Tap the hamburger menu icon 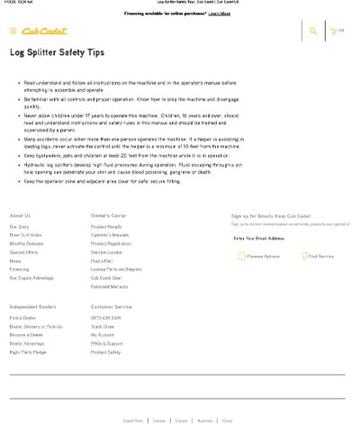click(x=13, y=31)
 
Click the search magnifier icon click(x=312, y=31)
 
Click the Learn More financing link click(x=219, y=14)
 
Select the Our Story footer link click(x=20, y=226)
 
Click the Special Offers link click(x=24, y=252)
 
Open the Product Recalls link click(x=106, y=226)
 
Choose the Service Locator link click(x=106, y=252)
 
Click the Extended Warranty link click(x=109, y=286)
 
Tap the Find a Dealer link click(x=22, y=318)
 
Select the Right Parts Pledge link click(x=28, y=352)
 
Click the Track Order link click(x=103, y=326)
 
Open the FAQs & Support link click(x=107, y=343)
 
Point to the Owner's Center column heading click(x=109, y=215)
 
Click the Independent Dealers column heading click(x=35, y=307)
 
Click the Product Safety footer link click(x=105, y=352)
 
